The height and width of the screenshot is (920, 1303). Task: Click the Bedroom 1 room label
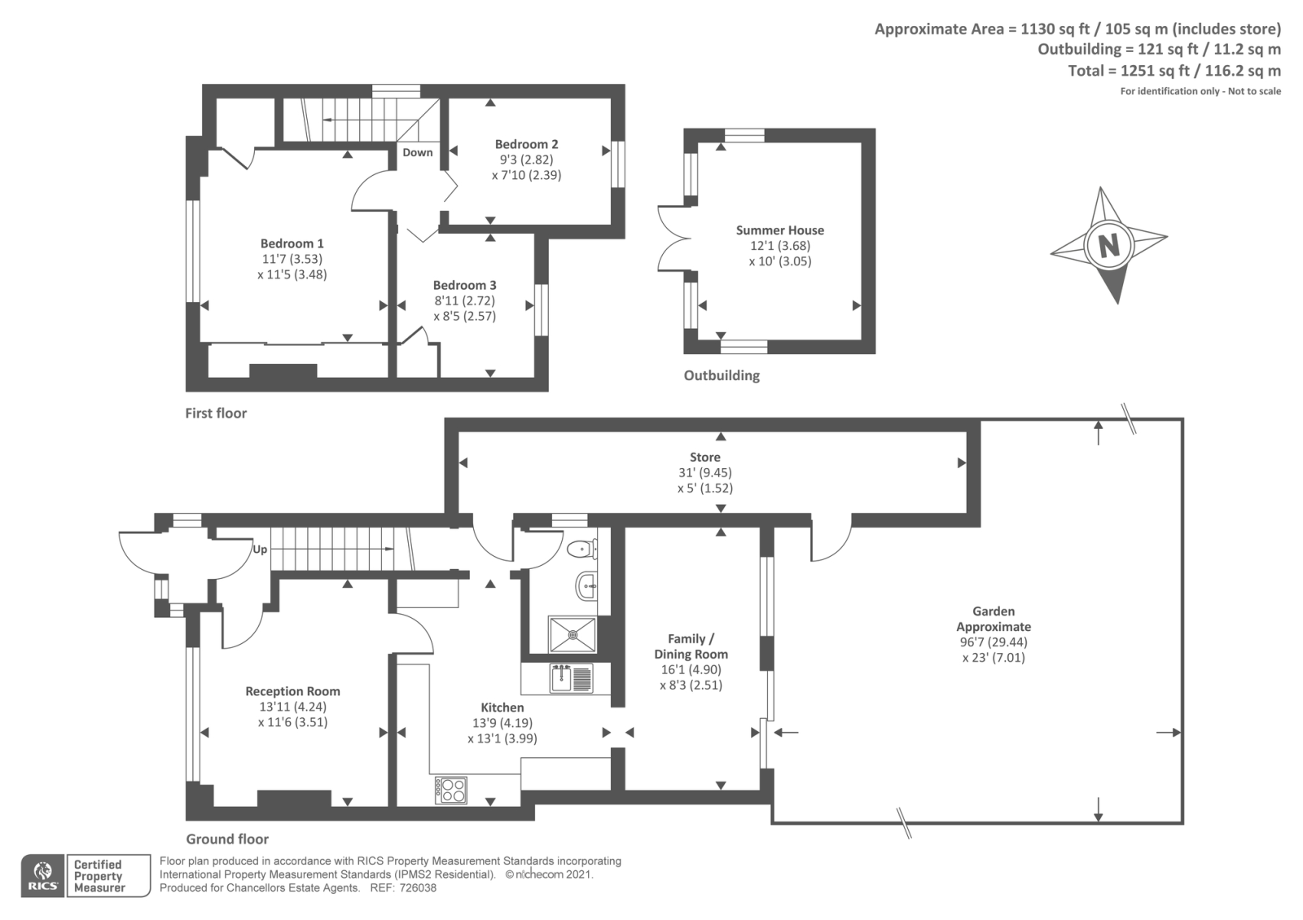pyautogui.click(x=292, y=243)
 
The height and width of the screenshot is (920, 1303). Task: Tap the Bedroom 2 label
pyautogui.click(x=526, y=144)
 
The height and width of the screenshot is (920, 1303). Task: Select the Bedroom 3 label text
pyautogui.click(x=465, y=286)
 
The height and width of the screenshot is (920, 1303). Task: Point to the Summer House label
pyautogui.click(x=780, y=230)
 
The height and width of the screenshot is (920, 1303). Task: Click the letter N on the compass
pyautogui.click(x=1108, y=245)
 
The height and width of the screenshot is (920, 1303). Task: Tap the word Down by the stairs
pyautogui.click(x=418, y=152)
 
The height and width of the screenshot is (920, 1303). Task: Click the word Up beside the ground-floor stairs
pyautogui.click(x=260, y=550)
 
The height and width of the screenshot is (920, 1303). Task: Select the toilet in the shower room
pyautogui.click(x=582, y=548)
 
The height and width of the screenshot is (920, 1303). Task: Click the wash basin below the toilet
pyautogui.click(x=586, y=585)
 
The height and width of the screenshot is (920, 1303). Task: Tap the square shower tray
pyautogui.click(x=573, y=634)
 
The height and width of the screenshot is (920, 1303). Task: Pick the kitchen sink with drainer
pyautogui.click(x=571, y=678)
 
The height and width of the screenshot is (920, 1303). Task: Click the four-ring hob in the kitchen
pyautogui.click(x=451, y=790)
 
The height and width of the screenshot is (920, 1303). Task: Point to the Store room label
pyautogui.click(x=705, y=458)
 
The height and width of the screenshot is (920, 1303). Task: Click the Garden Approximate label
pyautogui.click(x=994, y=619)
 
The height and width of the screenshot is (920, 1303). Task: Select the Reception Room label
pyautogui.click(x=292, y=691)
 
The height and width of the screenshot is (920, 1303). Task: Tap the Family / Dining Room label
pyautogui.click(x=691, y=646)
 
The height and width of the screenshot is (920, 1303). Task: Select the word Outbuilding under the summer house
pyautogui.click(x=722, y=375)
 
